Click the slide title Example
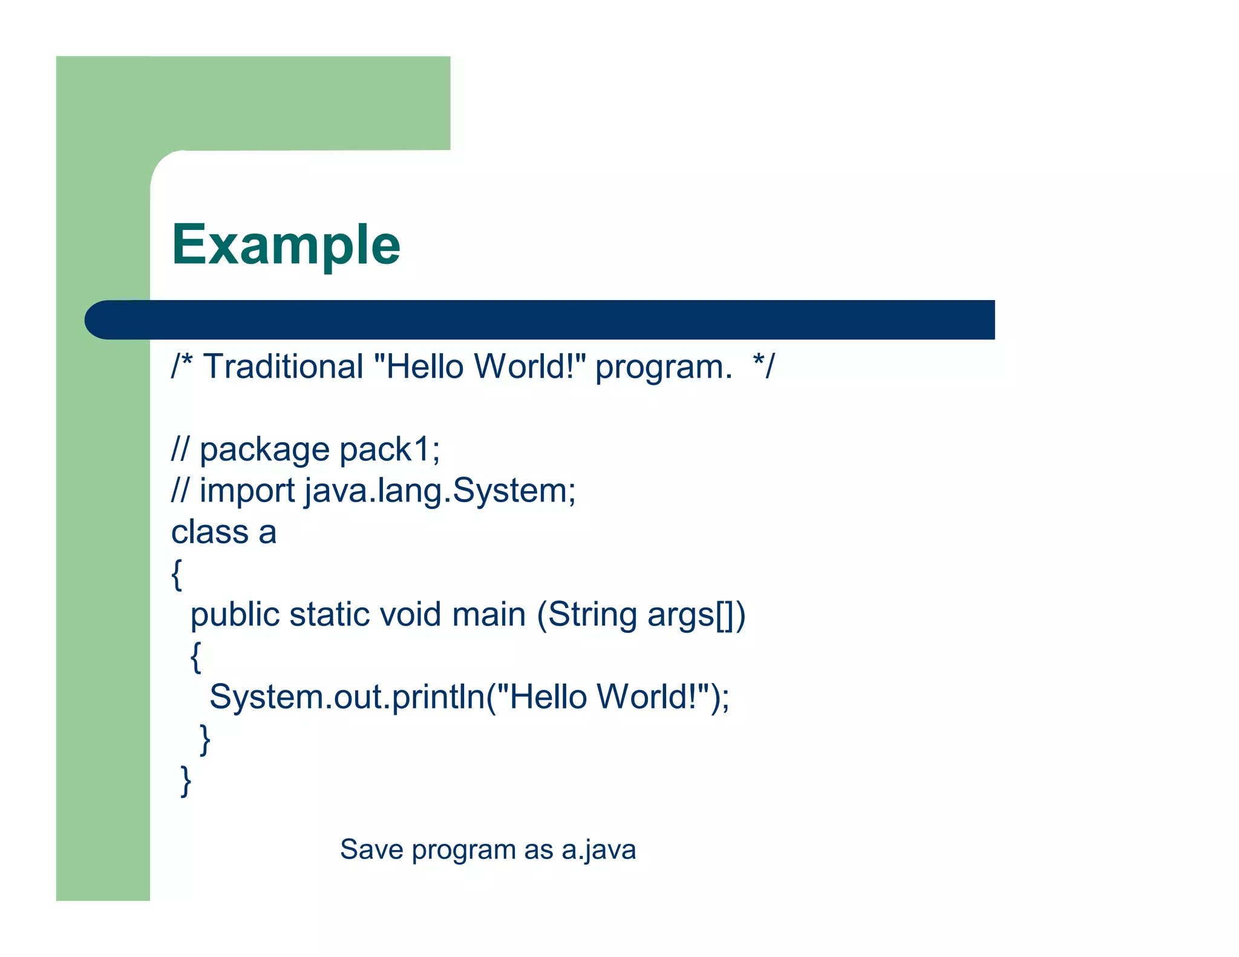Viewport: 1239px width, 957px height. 286,245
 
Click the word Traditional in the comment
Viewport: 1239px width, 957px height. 283,367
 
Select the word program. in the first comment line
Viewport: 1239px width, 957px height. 663,368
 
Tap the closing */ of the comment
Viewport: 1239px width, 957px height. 763,367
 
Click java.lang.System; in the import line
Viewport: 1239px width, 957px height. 440,491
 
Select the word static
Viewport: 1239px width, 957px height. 329,615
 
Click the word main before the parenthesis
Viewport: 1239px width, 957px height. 489,615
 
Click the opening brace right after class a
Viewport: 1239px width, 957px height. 177,574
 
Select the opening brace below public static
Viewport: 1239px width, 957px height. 195,657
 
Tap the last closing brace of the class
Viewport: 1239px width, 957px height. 186,781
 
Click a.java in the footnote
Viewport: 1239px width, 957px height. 598,850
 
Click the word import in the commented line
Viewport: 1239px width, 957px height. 247,491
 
